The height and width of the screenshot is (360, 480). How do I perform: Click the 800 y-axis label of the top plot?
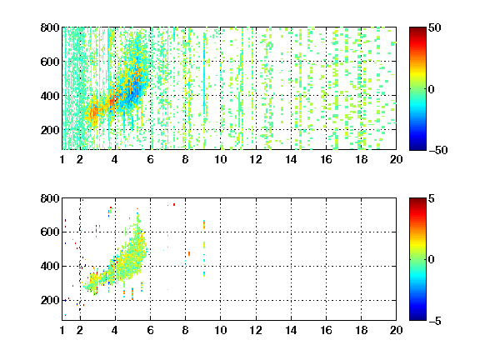pyautogui.click(x=50, y=27)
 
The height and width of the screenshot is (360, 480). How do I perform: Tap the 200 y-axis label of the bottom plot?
pyautogui.click(x=50, y=300)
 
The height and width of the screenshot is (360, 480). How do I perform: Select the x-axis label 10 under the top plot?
pyautogui.click(x=220, y=159)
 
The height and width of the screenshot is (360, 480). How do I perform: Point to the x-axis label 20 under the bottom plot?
pyautogui.click(x=396, y=330)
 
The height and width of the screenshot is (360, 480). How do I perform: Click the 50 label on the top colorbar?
pyautogui.click(x=434, y=27)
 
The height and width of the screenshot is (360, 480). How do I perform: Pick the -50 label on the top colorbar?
pyautogui.click(x=438, y=150)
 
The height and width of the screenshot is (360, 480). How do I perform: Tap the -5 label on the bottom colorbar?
pyautogui.click(x=435, y=321)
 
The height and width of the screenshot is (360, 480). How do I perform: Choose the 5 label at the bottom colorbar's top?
pyautogui.click(x=432, y=198)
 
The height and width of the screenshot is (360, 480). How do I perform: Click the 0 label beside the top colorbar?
pyautogui.click(x=432, y=89)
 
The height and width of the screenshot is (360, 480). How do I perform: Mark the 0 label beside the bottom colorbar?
pyautogui.click(x=432, y=260)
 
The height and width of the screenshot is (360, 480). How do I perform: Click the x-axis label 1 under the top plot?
pyautogui.click(x=62, y=159)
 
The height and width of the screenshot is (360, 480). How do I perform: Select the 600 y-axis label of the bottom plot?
pyautogui.click(x=50, y=232)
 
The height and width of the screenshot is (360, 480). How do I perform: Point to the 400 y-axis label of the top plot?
pyautogui.click(x=50, y=96)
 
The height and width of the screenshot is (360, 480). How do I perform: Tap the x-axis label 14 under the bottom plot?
pyautogui.click(x=291, y=330)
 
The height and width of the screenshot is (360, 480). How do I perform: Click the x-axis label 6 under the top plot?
pyautogui.click(x=150, y=159)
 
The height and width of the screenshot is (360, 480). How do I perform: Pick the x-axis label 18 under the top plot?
pyautogui.click(x=361, y=159)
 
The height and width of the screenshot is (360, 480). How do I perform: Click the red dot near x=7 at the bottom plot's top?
pyautogui.click(x=174, y=204)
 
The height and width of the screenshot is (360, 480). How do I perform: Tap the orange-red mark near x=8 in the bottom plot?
pyautogui.click(x=189, y=254)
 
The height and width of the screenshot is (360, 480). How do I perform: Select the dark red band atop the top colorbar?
pyautogui.click(x=417, y=31)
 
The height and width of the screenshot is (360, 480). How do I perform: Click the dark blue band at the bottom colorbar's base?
pyautogui.click(x=417, y=317)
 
